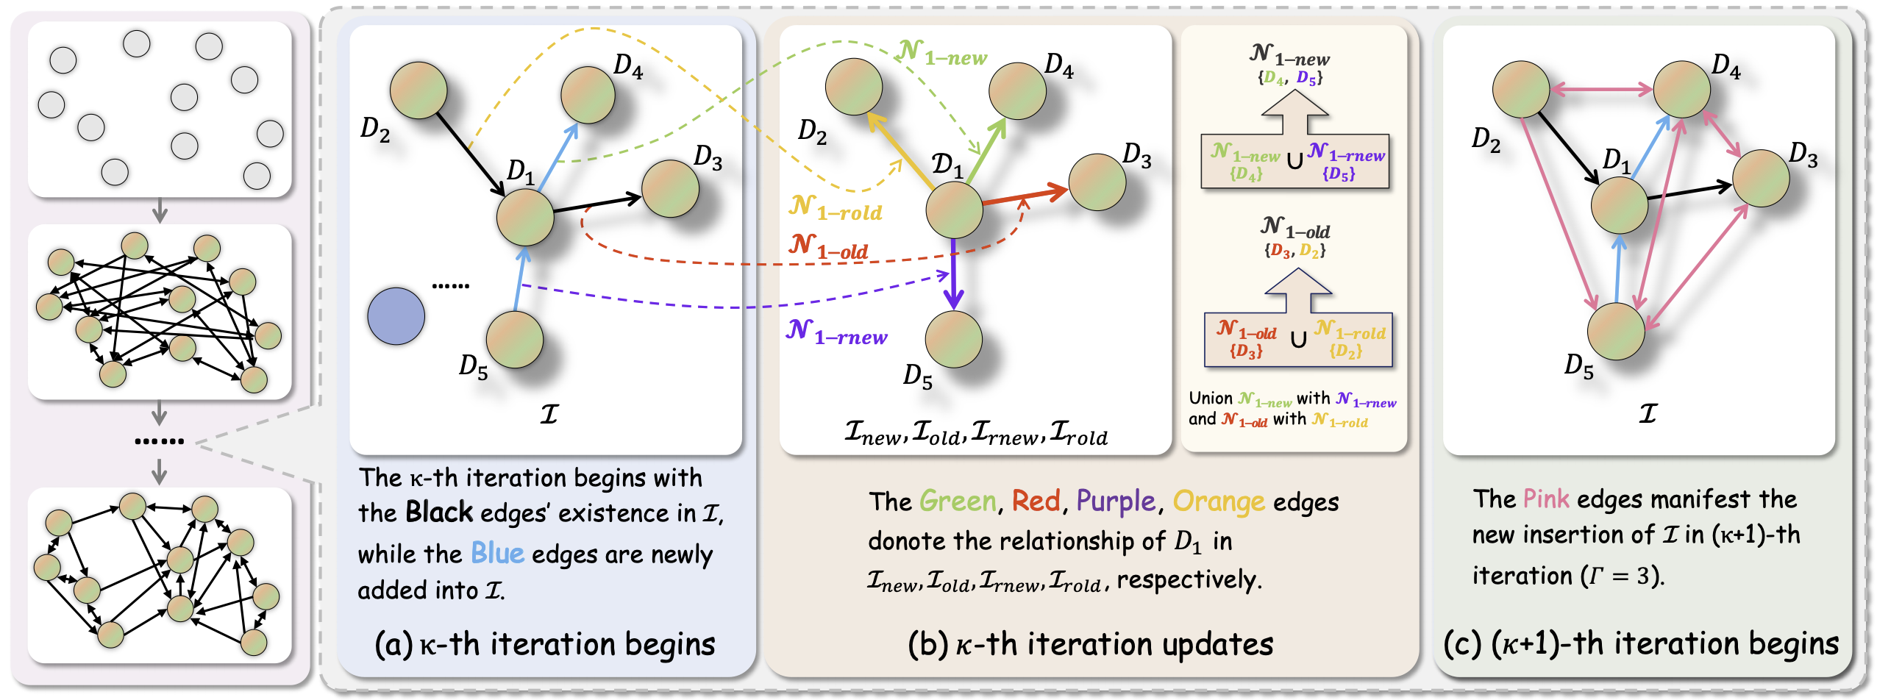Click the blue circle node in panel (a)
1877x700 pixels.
(x=396, y=316)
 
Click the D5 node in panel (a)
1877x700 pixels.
(x=514, y=339)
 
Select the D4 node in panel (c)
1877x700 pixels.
(x=1681, y=89)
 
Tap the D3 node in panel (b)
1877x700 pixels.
(x=1097, y=182)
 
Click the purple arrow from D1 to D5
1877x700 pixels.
(x=954, y=272)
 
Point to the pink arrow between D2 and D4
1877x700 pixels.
(x=1601, y=90)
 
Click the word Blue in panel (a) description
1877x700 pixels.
(x=497, y=553)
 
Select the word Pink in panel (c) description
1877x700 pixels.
(x=1545, y=499)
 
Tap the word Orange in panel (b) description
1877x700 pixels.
(x=1218, y=501)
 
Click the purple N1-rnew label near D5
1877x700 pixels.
(x=837, y=332)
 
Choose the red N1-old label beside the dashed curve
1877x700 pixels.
(x=828, y=246)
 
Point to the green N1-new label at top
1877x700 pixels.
(x=942, y=52)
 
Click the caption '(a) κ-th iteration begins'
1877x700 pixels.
(x=544, y=645)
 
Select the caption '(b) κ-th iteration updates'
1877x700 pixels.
(x=1090, y=645)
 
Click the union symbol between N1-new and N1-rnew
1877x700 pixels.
(x=1294, y=160)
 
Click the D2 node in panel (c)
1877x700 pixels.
(x=1520, y=89)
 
